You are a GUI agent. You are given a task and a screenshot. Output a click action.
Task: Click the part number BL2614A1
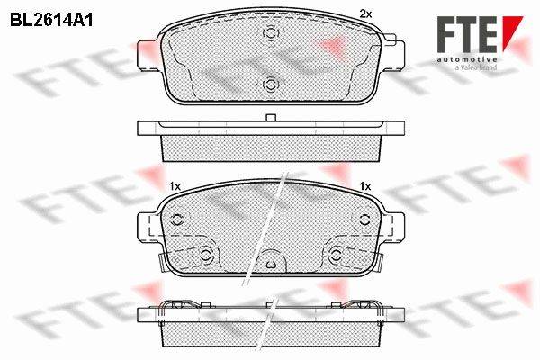(x=51, y=21)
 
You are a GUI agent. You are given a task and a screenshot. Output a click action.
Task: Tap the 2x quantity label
(x=365, y=13)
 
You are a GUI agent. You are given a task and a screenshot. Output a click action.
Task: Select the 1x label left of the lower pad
(x=175, y=186)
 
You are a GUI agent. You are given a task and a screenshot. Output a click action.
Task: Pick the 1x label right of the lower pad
(x=365, y=186)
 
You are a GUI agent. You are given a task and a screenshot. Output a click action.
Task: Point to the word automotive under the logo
(x=467, y=60)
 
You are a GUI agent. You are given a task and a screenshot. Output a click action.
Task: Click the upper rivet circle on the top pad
(x=271, y=33)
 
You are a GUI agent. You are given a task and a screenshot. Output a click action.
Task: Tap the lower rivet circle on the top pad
(x=271, y=84)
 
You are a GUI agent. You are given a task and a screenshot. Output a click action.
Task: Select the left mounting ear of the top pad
(x=148, y=56)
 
